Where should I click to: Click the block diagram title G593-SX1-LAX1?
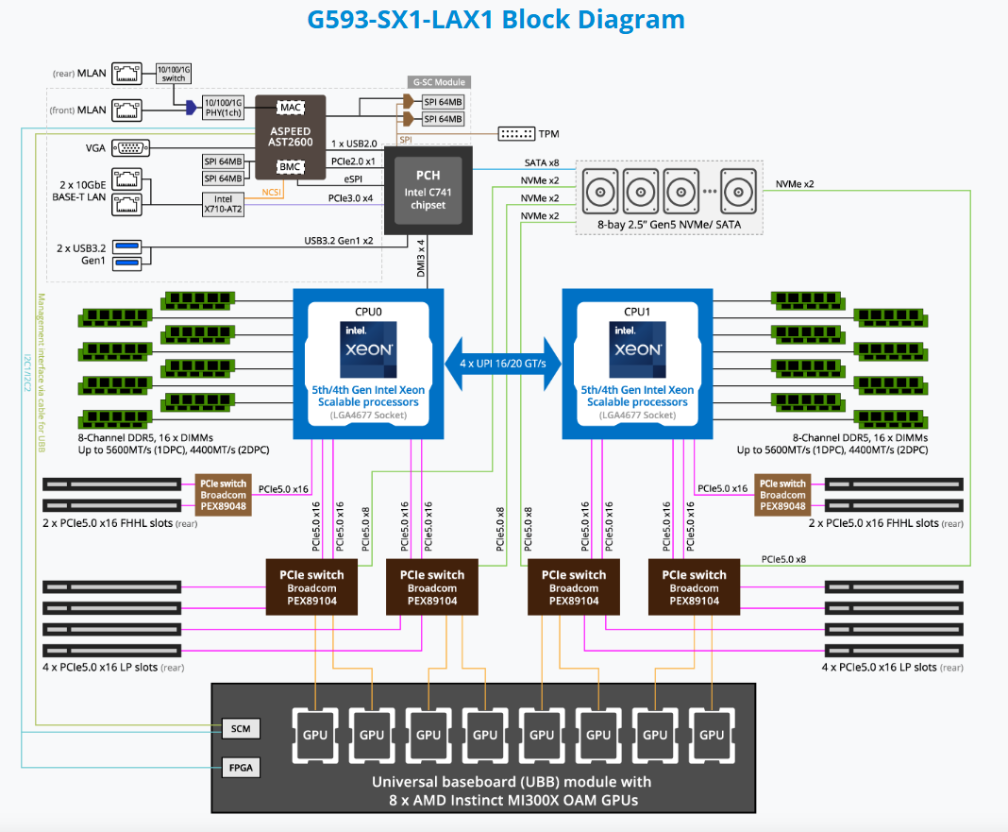[x=496, y=19]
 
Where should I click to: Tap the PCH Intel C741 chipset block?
[x=428, y=189]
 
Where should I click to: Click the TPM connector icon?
[x=515, y=134]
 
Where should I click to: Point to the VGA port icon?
[x=128, y=147]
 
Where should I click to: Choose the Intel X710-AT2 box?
[x=223, y=204]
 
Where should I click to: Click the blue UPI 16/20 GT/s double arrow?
[x=503, y=364]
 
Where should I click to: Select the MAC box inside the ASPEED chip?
[x=290, y=108]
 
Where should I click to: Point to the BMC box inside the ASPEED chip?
[x=290, y=167]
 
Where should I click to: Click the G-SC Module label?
[x=437, y=82]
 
